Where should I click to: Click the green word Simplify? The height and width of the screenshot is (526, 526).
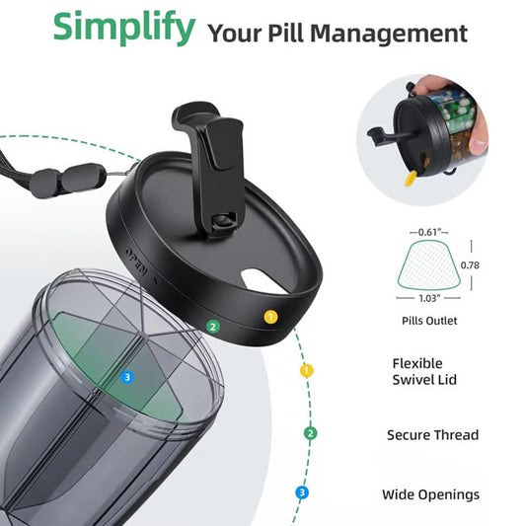(123, 29)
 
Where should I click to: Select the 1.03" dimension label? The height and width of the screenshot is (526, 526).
(428, 297)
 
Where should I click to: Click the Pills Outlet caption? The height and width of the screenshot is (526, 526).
(428, 321)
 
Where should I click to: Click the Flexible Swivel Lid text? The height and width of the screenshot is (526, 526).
(417, 372)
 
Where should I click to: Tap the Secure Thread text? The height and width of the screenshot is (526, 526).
(432, 434)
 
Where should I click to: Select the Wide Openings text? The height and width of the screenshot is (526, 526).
(430, 494)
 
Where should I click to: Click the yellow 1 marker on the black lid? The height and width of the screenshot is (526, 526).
(269, 317)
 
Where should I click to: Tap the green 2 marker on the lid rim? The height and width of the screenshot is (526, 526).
(211, 327)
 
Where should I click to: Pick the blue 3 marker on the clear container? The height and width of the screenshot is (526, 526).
(126, 376)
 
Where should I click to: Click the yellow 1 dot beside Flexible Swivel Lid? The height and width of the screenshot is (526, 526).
(307, 371)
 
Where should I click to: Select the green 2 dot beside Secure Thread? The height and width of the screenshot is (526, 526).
(311, 432)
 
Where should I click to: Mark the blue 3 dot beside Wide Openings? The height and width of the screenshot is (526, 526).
(302, 492)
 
